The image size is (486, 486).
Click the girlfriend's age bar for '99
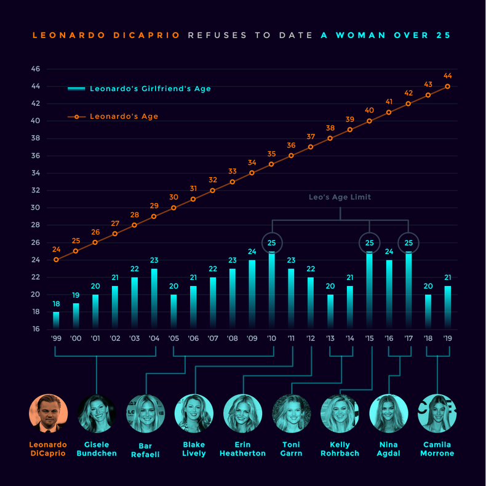coord(56,321)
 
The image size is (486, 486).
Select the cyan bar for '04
coord(154,299)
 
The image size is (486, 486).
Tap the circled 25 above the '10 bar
coord(271,242)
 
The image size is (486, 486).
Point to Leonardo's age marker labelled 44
coord(447,86)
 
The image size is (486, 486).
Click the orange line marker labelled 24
coord(56,260)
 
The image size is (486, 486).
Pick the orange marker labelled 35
coord(271,164)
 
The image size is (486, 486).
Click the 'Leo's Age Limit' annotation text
coord(340,197)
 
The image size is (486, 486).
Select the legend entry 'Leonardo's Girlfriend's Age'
coord(150,89)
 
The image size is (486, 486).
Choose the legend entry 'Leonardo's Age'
coord(124,116)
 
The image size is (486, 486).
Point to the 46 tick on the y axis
coord(35,69)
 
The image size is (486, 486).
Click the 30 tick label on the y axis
coord(35,207)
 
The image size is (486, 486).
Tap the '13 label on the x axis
coord(330,338)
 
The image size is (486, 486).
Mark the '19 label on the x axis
coord(447,338)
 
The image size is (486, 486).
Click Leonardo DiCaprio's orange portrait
coord(48,413)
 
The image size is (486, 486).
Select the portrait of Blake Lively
coord(194,413)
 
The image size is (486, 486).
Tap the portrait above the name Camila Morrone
coord(437,413)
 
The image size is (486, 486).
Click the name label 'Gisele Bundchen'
coord(97,448)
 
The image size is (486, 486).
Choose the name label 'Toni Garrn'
coord(291,448)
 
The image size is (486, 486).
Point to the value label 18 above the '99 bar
coord(56,304)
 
